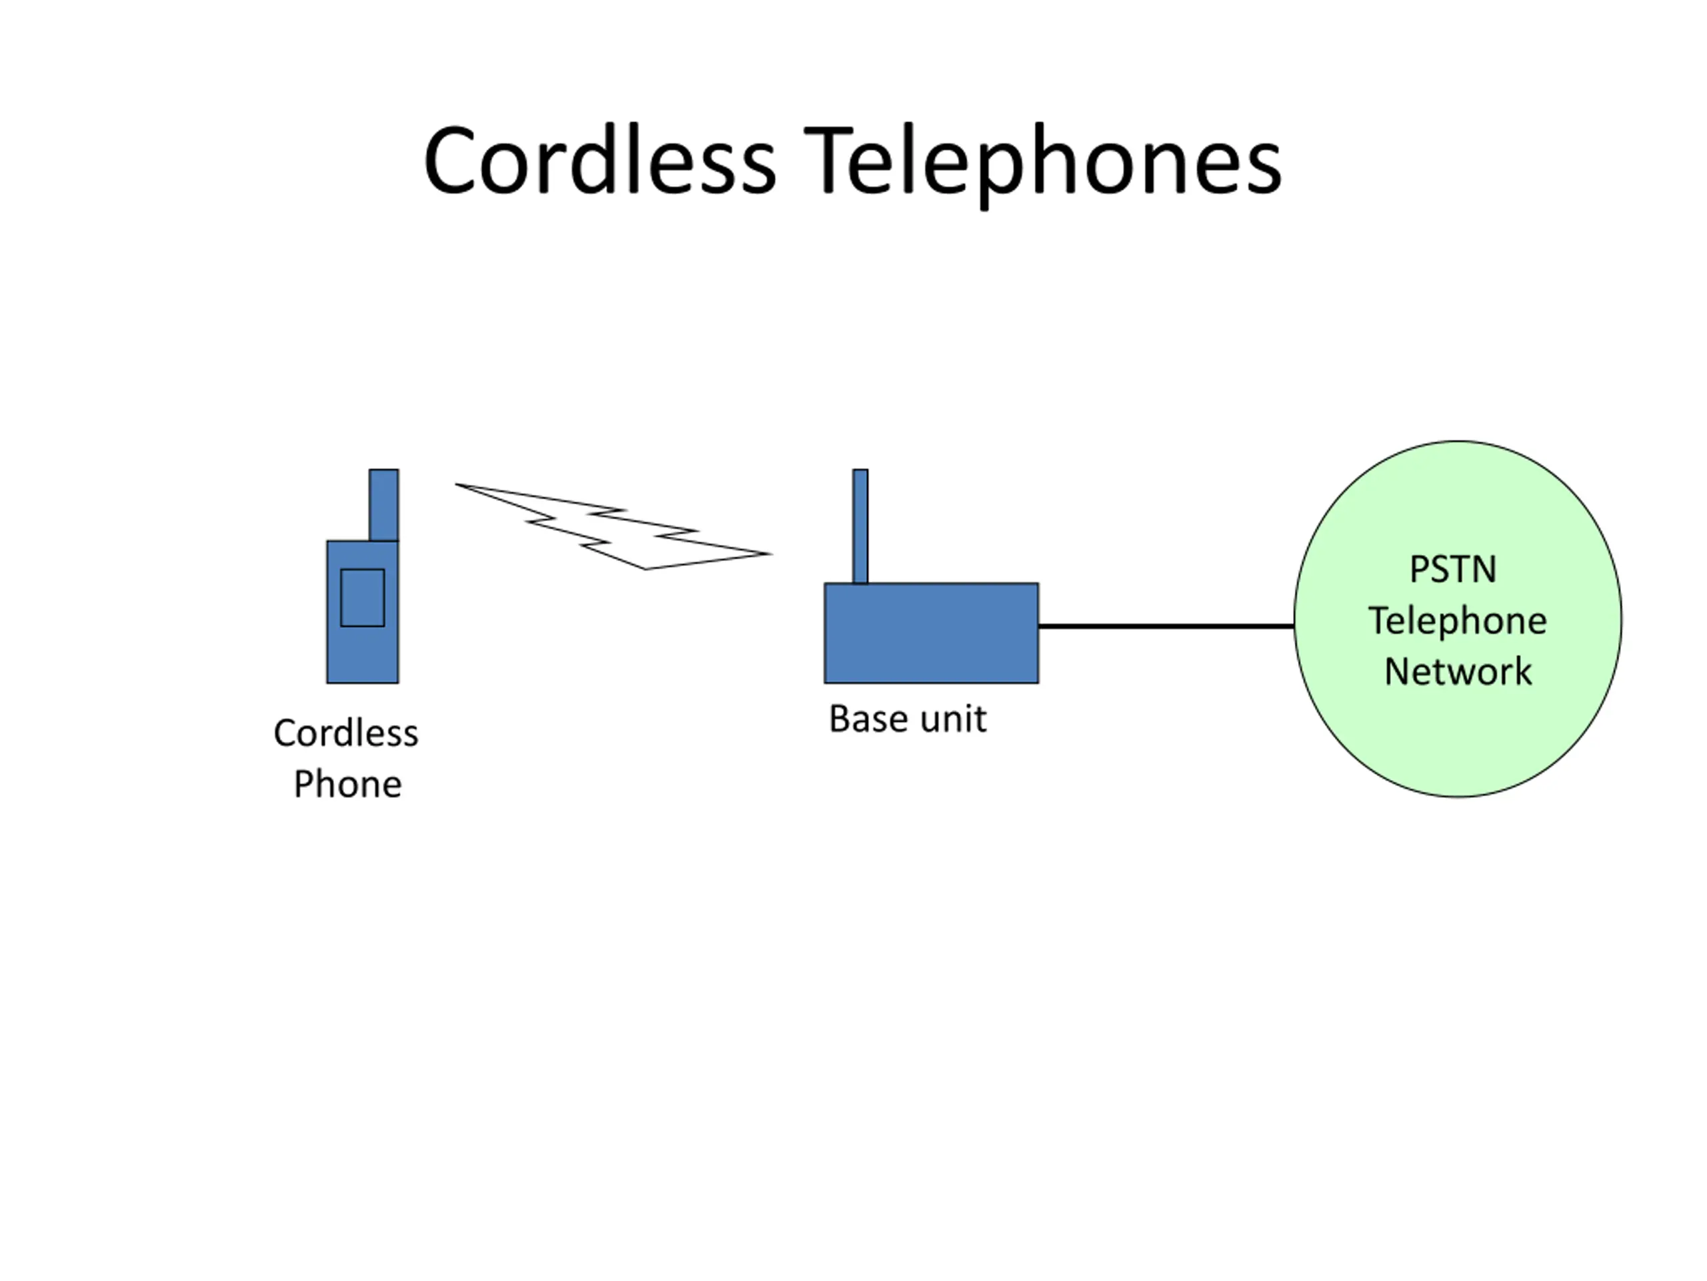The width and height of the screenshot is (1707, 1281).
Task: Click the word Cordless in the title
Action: tap(599, 162)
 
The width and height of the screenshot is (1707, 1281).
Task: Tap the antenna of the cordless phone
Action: tap(383, 504)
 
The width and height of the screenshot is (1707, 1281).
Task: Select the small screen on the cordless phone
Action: tap(362, 598)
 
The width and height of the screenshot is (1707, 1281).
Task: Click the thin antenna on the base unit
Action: tap(860, 525)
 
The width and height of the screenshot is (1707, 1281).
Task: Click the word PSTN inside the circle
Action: tap(1452, 570)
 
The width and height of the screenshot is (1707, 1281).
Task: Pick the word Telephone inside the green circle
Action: tap(1457, 620)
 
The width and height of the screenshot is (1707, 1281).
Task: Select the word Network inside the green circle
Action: tap(1457, 672)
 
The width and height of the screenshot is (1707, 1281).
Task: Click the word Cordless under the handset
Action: tap(345, 733)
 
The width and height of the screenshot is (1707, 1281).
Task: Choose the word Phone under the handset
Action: tap(347, 785)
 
